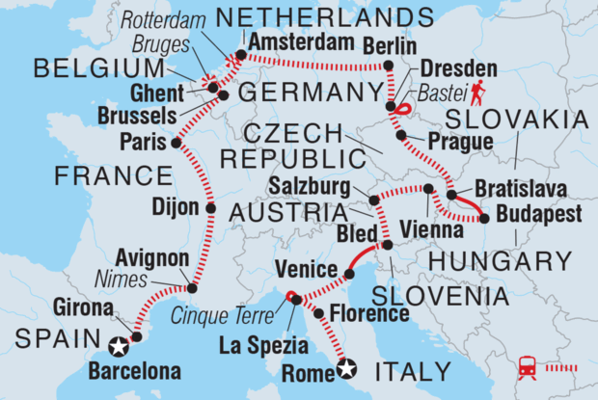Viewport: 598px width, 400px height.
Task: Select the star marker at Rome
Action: pos(347,366)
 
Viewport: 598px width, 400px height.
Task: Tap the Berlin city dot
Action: pos(389,67)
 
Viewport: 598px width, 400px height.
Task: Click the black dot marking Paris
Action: pos(177,143)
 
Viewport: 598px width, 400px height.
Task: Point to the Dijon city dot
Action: pos(210,206)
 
